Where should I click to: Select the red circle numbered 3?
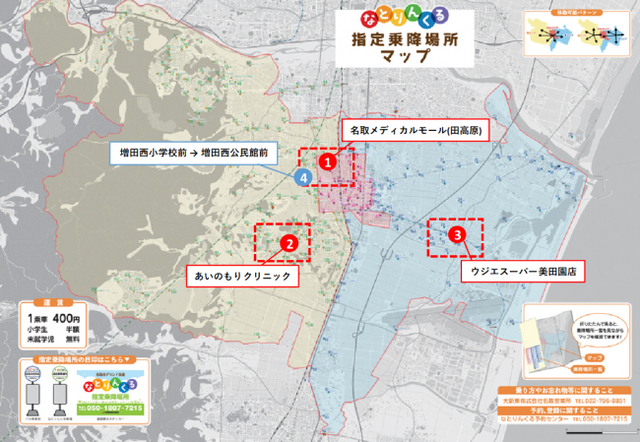(x=457, y=235)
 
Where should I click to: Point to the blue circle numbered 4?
(x=305, y=177)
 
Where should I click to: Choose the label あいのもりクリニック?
(x=240, y=278)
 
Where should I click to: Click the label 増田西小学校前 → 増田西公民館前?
(x=193, y=154)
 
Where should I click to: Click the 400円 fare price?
(x=66, y=318)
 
